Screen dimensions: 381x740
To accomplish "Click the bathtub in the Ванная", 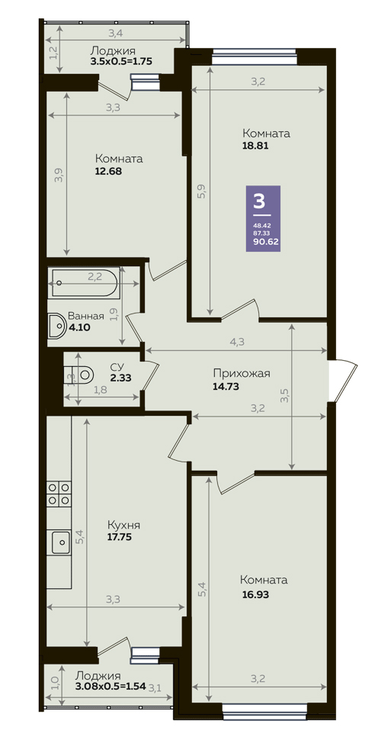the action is tap(84, 284).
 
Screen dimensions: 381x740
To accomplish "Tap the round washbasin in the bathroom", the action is tap(57, 325).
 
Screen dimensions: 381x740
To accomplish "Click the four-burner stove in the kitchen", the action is tap(59, 493).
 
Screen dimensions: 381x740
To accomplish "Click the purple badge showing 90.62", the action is tap(264, 218).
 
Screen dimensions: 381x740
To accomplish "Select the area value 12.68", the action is tap(108, 172).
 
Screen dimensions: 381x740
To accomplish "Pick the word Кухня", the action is tap(123, 526).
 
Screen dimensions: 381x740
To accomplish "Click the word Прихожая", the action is tap(242, 374).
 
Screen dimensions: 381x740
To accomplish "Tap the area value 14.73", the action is tap(227, 387).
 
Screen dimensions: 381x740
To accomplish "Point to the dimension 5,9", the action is tap(201, 191).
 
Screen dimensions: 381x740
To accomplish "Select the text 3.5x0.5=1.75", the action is tap(121, 61).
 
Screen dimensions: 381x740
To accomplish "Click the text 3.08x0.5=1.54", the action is tap(110, 685).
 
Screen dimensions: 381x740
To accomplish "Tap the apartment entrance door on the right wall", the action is tap(342, 381).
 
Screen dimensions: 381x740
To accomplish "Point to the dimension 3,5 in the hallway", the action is tap(284, 395).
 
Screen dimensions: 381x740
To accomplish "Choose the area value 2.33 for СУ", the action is tap(120, 377).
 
